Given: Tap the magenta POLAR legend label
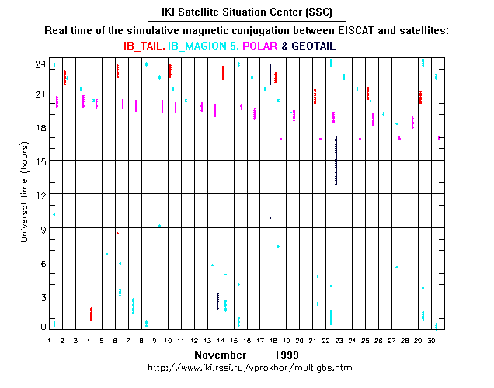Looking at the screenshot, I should (x=259, y=47).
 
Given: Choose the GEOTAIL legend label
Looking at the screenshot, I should (x=318, y=47).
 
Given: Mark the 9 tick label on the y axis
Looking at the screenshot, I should (x=39, y=228).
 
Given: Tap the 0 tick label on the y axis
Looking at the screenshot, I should (x=39, y=327).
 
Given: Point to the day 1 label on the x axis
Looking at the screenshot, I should (x=49, y=340).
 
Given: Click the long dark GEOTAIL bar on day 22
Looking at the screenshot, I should (x=336, y=160).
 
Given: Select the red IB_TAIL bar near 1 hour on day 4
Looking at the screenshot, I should (x=91, y=314).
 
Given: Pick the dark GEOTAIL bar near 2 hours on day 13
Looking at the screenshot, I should (x=217, y=301).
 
